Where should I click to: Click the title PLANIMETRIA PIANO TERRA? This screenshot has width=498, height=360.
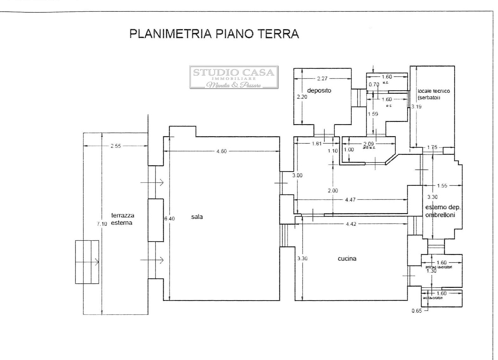tap(214, 34)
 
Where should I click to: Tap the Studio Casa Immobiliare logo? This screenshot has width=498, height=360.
tap(234, 77)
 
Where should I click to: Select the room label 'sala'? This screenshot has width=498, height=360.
tap(197, 217)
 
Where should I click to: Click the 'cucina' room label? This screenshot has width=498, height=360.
tap(347, 258)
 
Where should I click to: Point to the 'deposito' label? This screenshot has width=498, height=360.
tap(319, 91)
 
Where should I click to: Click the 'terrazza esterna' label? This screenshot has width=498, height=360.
tap(123, 219)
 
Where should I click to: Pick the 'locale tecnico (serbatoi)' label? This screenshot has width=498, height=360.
tap(433, 94)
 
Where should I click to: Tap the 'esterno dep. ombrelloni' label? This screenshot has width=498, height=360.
tap(443, 211)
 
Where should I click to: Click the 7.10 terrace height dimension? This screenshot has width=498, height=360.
tap(102, 224)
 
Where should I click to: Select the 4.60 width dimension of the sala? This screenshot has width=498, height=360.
tap(222, 151)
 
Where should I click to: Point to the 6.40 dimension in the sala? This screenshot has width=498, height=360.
tap(170, 218)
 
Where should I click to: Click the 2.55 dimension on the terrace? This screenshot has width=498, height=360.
tap(116, 146)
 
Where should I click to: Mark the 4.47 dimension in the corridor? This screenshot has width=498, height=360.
tap(350, 200)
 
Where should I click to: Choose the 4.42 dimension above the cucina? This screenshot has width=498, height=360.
tap(351, 224)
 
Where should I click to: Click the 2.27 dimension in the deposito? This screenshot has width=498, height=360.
tap(322, 78)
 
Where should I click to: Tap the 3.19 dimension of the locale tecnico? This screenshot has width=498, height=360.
tap(417, 107)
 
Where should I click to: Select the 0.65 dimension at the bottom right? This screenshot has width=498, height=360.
tap(417, 311)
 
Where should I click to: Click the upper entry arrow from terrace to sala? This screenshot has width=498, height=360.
tap(152, 182)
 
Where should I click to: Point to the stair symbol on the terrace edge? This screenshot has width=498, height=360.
tap(87, 262)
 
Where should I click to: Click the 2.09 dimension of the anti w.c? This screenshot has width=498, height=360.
tap(369, 144)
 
